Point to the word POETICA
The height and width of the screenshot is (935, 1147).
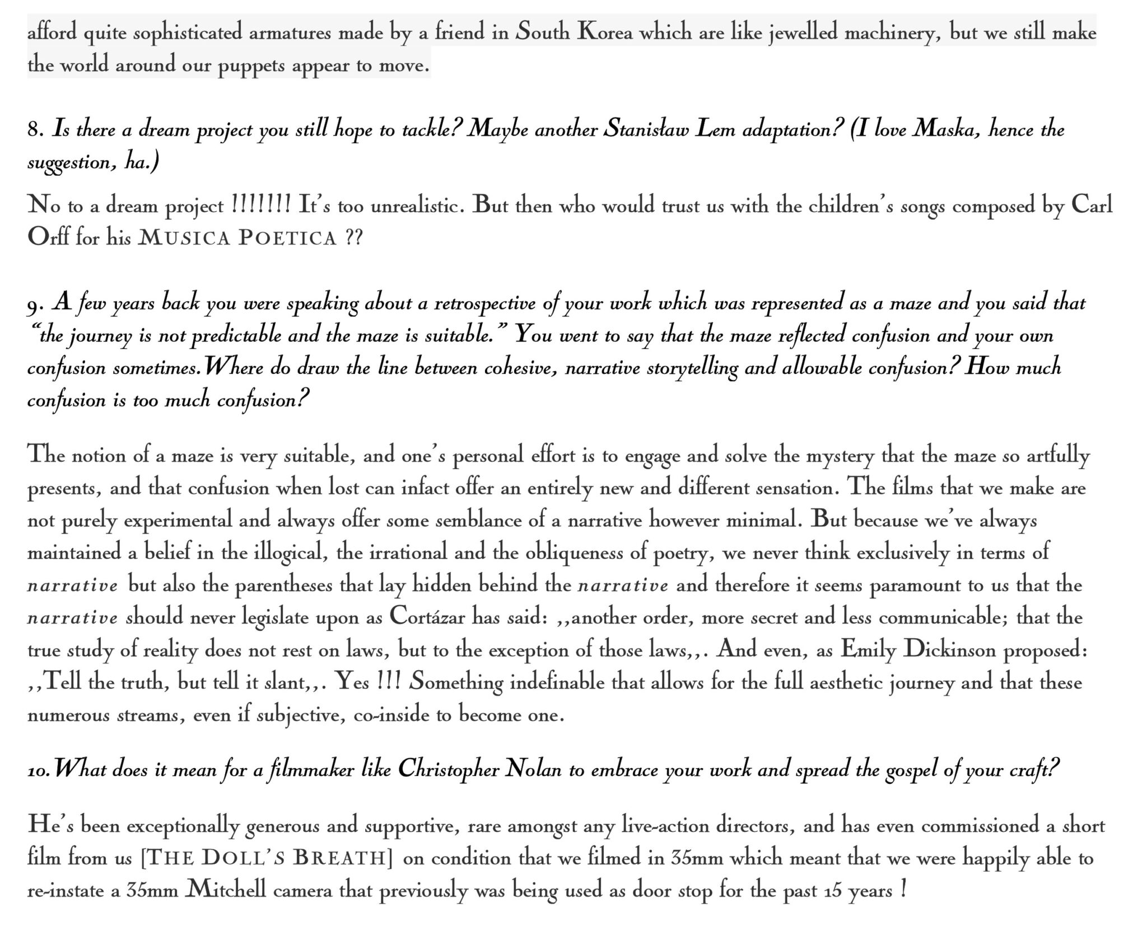(287, 239)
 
